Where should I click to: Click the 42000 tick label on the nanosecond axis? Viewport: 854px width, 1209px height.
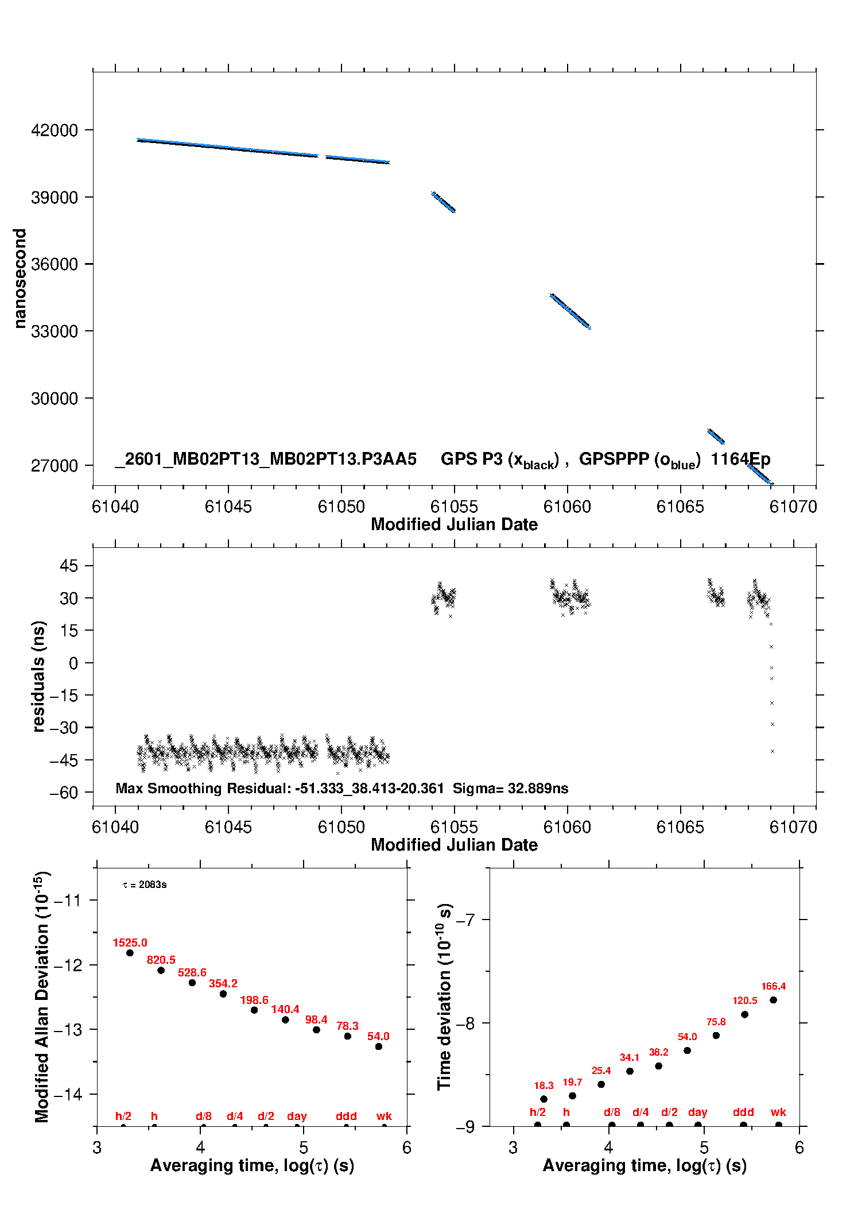[55, 130]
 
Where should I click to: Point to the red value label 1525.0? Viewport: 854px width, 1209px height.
[130, 943]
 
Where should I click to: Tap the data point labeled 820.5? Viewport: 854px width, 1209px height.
[161, 970]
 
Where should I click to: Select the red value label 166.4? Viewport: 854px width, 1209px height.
[773, 986]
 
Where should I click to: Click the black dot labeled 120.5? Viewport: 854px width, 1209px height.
[744, 1014]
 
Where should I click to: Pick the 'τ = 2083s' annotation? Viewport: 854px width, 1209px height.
[145, 884]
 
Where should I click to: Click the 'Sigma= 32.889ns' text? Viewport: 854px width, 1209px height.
[510, 788]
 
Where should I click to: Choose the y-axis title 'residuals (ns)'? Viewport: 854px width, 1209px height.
[38, 676]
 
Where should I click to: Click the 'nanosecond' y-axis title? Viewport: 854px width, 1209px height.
[20, 279]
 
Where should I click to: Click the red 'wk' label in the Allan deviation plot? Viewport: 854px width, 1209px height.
[384, 1116]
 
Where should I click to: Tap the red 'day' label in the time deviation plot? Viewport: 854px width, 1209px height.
[697, 1112]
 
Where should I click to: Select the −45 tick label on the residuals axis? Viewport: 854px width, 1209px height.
[63, 760]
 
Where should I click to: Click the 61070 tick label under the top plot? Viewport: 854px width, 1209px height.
[793, 507]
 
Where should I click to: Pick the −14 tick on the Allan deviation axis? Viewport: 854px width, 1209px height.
[68, 1094]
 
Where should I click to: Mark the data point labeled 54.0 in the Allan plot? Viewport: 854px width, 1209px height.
[379, 1046]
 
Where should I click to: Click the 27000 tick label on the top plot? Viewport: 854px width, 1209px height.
[55, 466]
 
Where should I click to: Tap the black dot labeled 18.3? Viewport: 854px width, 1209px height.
[544, 1099]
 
